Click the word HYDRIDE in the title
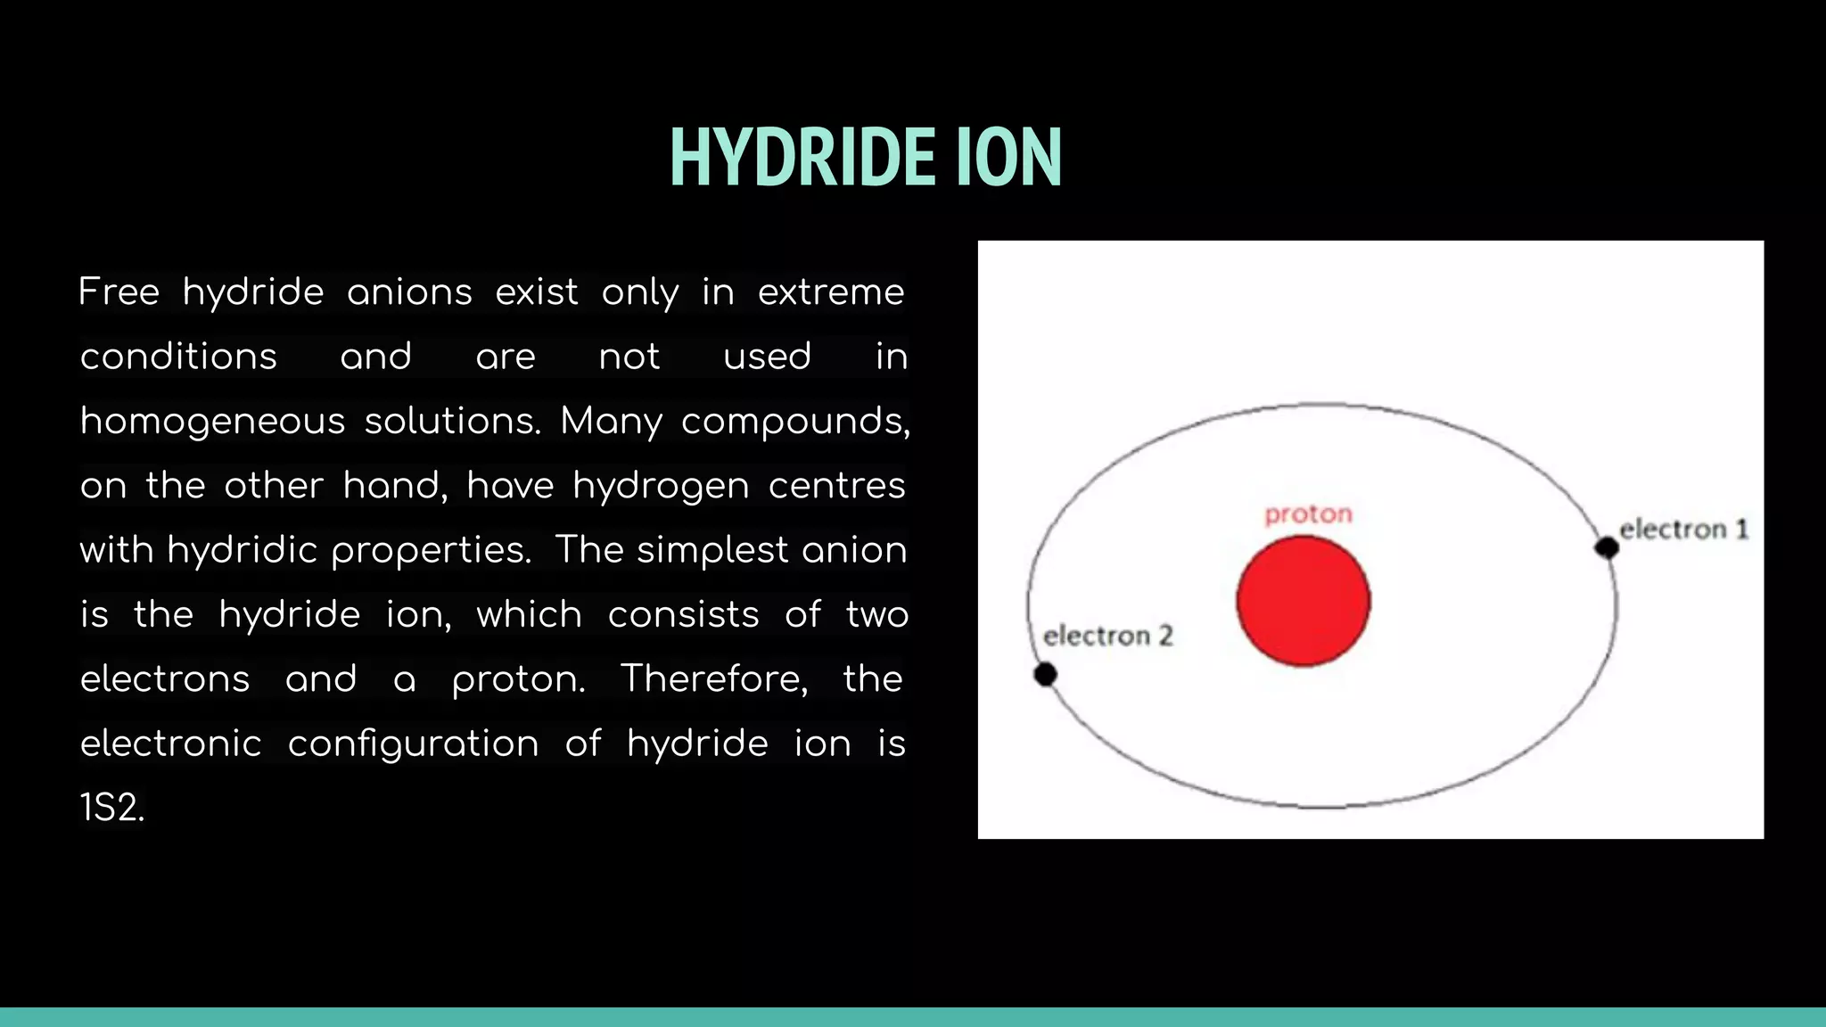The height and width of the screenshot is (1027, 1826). click(x=802, y=158)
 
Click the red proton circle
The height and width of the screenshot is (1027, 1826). click(x=1303, y=601)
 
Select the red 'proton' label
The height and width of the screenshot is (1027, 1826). click(x=1308, y=514)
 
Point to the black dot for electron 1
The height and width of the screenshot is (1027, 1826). click(x=1607, y=547)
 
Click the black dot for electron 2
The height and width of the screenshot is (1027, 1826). click(x=1045, y=675)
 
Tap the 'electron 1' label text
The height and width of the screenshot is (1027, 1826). click(x=1683, y=530)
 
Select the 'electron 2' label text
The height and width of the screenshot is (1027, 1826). click(x=1108, y=636)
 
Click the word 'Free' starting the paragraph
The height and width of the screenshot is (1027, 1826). click(x=119, y=292)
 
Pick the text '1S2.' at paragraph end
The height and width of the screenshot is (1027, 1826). click(x=112, y=808)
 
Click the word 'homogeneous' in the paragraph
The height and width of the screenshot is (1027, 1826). click(x=212, y=421)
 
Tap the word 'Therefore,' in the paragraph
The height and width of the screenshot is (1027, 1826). click(x=714, y=678)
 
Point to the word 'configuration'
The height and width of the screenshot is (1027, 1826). click(x=413, y=744)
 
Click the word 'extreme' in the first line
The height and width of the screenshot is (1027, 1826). click(x=831, y=292)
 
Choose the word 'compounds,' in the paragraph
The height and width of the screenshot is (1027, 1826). click(x=795, y=421)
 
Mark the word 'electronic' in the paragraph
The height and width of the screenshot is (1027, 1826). click(x=171, y=744)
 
